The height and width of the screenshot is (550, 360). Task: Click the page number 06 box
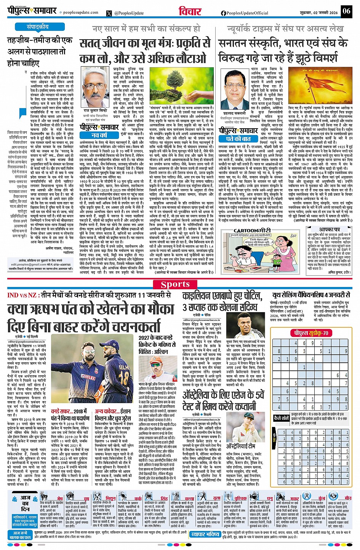tap(346, 11)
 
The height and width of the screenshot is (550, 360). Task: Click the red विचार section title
tap(190, 11)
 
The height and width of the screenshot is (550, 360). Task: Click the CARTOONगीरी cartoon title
tap(252, 231)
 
